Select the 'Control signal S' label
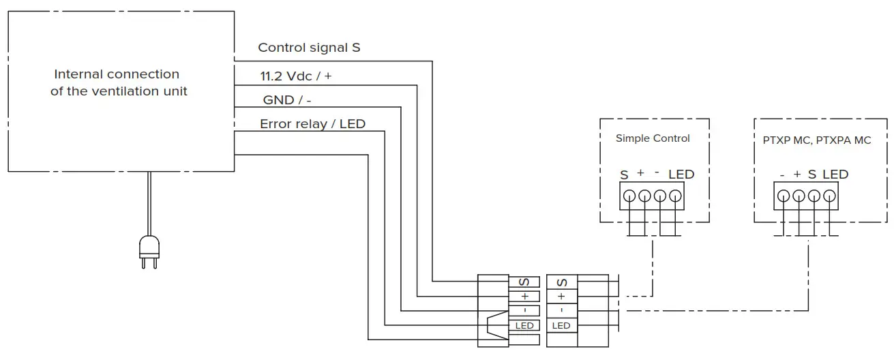click(x=309, y=48)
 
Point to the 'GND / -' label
click(x=287, y=100)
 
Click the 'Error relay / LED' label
click(x=312, y=124)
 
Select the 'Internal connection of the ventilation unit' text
click(x=118, y=82)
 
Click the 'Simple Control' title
click(x=653, y=138)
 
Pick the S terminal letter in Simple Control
click(x=624, y=175)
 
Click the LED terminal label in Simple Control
click(x=681, y=175)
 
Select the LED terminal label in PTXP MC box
click(x=835, y=175)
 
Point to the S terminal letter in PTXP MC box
click(x=811, y=175)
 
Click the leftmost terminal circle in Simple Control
click(x=629, y=196)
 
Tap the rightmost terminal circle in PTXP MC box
click(x=829, y=196)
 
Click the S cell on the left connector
click(x=524, y=282)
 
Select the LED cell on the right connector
click(x=561, y=326)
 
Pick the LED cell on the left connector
click(x=524, y=326)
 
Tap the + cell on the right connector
click(x=561, y=297)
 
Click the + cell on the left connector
click(x=524, y=297)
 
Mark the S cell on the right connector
click(x=561, y=282)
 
